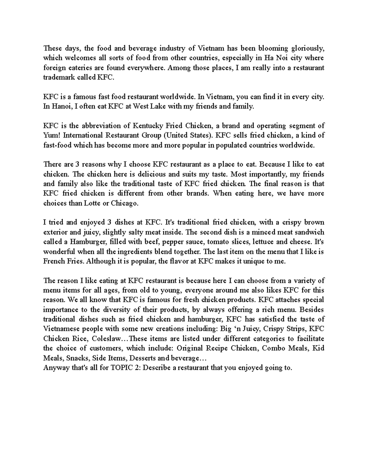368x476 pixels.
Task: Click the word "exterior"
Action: click(x=55, y=232)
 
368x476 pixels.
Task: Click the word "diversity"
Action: click(x=114, y=310)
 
